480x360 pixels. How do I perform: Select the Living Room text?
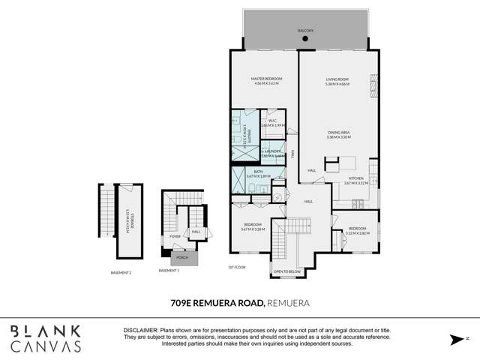(x=337, y=79)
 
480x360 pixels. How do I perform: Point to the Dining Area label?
(x=339, y=133)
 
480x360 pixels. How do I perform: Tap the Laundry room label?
(x=273, y=151)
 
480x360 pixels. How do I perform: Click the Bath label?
(x=258, y=172)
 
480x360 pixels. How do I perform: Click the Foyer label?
(x=175, y=236)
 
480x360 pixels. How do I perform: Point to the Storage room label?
(x=128, y=218)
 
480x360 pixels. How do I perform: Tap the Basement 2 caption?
(x=121, y=272)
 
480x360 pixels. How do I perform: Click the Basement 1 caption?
(x=169, y=270)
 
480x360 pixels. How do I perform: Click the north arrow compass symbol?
(x=455, y=339)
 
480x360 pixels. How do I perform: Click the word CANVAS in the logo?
(x=45, y=346)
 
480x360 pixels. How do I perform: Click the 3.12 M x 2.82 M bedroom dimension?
(x=357, y=232)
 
